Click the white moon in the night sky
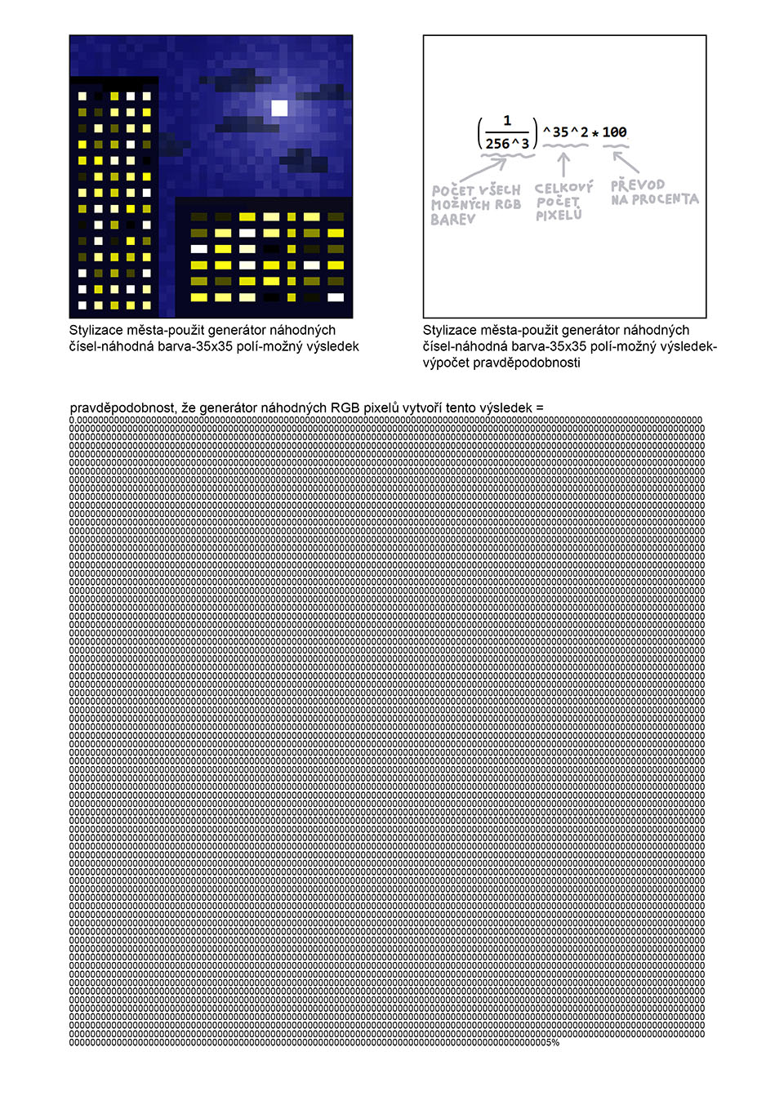(x=279, y=108)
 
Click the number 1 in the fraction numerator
(x=507, y=122)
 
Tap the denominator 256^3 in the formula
(x=507, y=143)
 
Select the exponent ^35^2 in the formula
(x=564, y=131)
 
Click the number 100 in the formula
(x=615, y=132)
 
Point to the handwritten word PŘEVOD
(x=638, y=185)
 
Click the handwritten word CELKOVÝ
(x=564, y=189)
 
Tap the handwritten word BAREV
(x=453, y=220)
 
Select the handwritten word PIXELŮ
(x=559, y=216)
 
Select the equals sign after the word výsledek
(x=539, y=408)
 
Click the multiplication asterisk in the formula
(x=595, y=133)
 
